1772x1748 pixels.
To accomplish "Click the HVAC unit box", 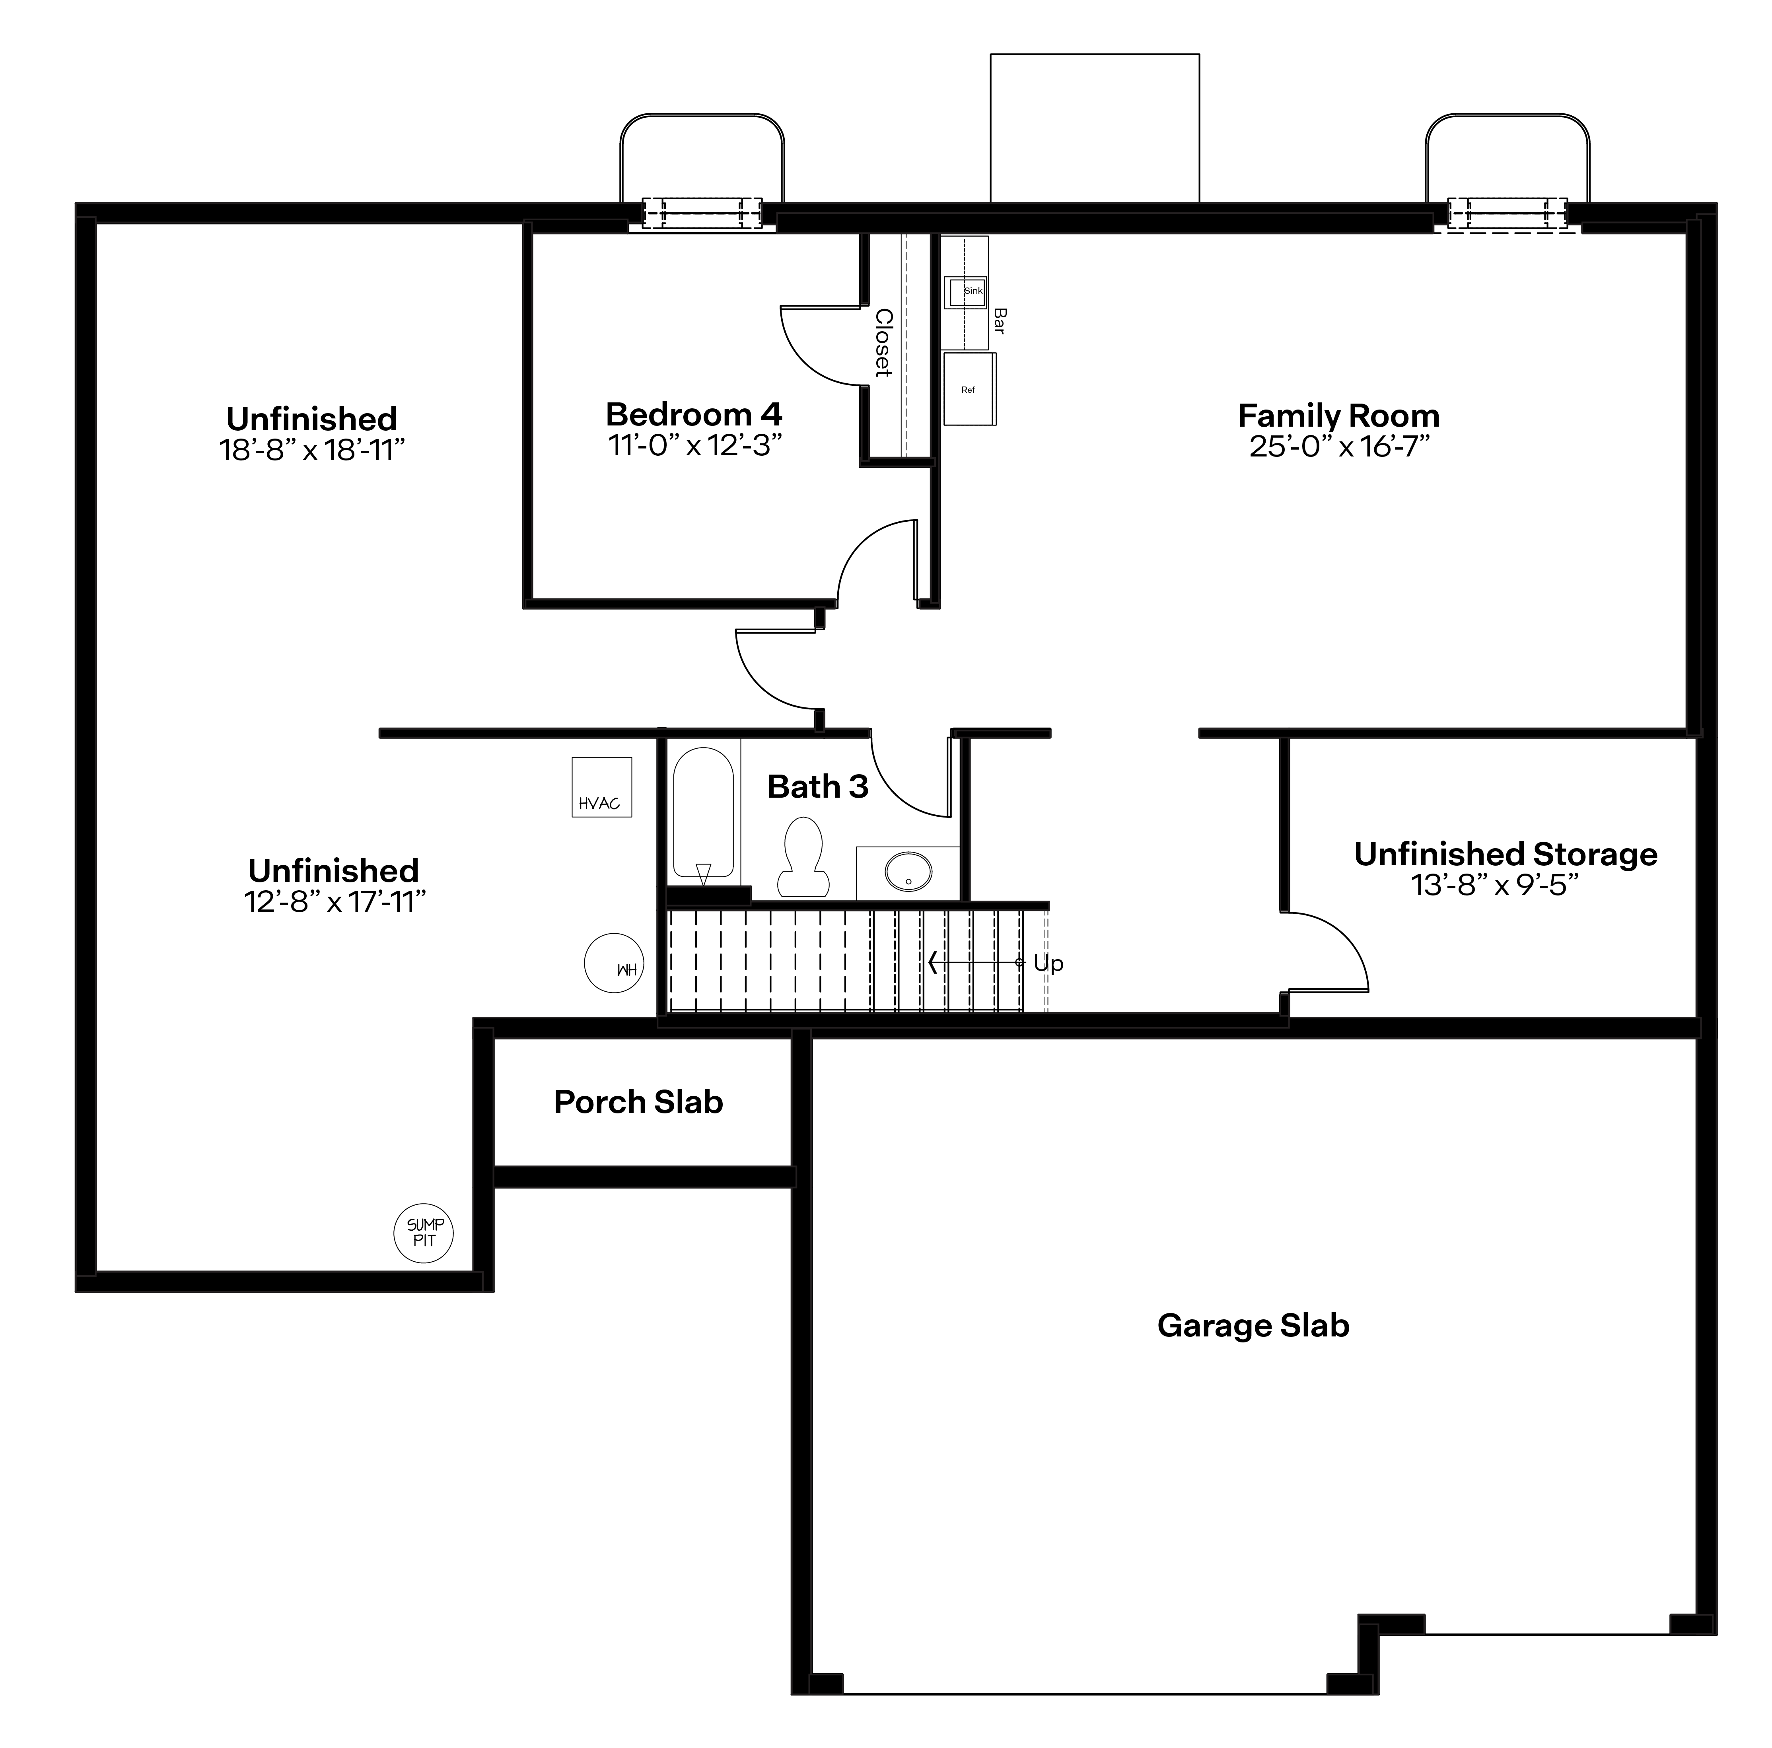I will click(x=602, y=787).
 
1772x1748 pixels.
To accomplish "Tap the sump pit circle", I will click(x=424, y=1233).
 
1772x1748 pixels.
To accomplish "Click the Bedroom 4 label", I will click(x=694, y=414).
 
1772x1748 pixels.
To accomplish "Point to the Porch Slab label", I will click(x=638, y=1102).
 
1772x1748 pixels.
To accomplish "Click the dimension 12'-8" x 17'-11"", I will click(x=335, y=902).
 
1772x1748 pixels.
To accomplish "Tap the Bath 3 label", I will click(x=817, y=787).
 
